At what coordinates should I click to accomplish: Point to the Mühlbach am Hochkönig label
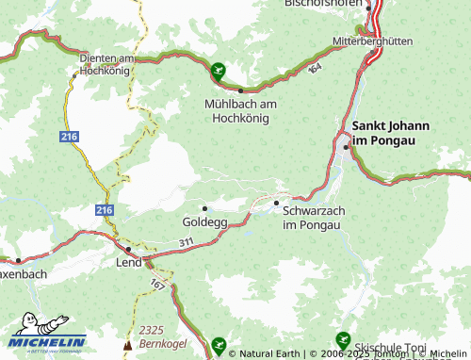(x=237, y=111)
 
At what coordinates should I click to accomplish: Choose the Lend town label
(x=128, y=262)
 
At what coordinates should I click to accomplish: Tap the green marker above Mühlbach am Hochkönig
(x=219, y=68)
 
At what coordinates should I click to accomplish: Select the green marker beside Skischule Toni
(x=342, y=339)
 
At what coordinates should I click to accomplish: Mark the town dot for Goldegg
(x=204, y=207)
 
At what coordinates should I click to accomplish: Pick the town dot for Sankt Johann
(x=346, y=146)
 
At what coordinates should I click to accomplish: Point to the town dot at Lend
(x=128, y=250)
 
